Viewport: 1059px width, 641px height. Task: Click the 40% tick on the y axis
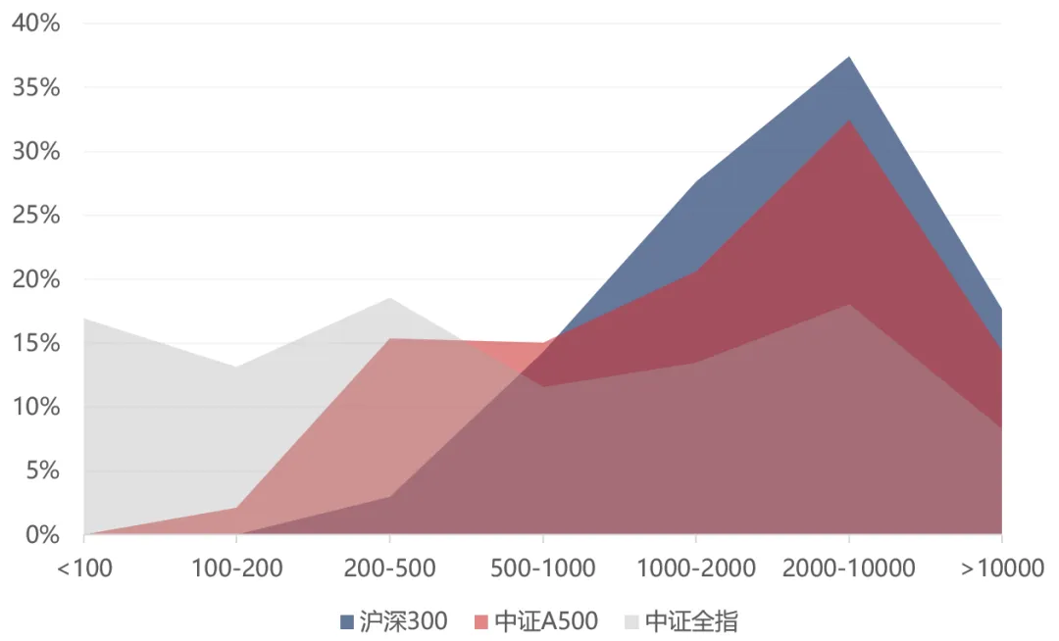click(35, 24)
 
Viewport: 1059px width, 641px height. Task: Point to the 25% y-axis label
click(35, 216)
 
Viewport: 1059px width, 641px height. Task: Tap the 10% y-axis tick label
click(35, 407)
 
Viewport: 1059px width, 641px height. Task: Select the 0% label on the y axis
click(41, 535)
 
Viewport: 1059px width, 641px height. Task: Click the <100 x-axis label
click(84, 568)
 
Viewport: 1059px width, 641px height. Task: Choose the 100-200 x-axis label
click(236, 568)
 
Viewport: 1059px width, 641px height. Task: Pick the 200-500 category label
click(389, 568)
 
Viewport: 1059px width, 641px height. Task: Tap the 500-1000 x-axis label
click(542, 568)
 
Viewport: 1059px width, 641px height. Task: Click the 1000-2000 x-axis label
click(695, 568)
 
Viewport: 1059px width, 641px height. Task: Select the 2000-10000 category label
click(848, 568)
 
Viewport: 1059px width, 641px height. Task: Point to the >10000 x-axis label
click(1001, 568)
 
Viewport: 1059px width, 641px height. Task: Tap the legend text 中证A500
click(545, 621)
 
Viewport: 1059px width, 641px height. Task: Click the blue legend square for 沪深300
click(346, 621)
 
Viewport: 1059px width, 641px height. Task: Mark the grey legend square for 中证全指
click(631, 621)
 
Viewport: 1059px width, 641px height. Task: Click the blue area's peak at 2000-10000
click(849, 57)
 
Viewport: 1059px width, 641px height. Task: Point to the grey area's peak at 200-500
click(389, 298)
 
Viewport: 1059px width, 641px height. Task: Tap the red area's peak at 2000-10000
click(849, 120)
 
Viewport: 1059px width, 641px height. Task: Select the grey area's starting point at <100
click(85, 319)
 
